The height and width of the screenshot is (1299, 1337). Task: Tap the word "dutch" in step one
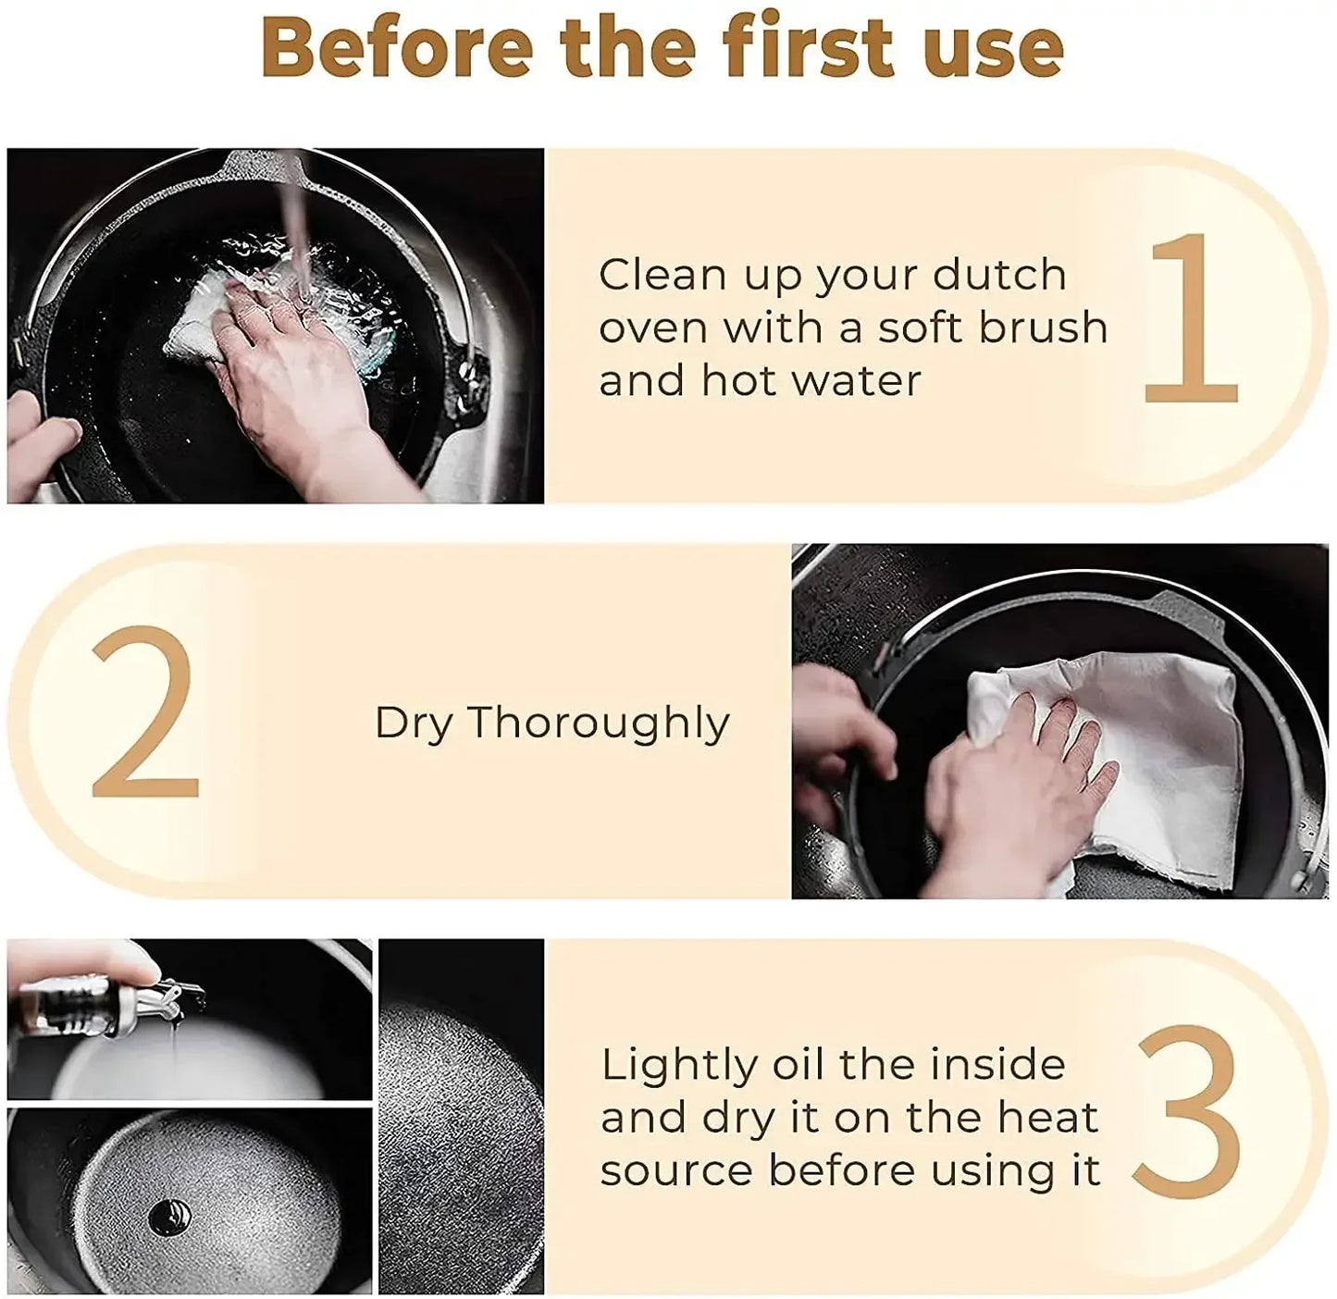[x=999, y=275]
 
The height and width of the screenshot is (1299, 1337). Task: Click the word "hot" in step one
[x=740, y=380]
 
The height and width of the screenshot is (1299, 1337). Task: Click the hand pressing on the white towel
[x=1017, y=790]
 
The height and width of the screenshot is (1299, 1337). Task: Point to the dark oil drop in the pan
[x=171, y=1218]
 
